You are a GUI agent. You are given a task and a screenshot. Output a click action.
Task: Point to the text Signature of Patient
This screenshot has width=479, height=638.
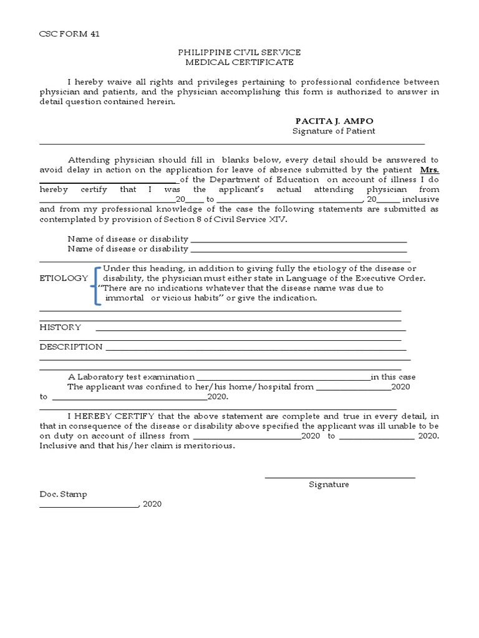coord(334,131)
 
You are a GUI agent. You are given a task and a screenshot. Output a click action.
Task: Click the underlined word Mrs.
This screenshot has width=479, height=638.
coord(429,169)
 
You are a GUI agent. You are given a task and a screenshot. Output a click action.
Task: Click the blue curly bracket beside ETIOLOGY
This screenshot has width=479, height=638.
coord(95,285)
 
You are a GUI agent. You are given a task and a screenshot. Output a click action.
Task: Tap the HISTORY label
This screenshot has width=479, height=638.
coord(60,327)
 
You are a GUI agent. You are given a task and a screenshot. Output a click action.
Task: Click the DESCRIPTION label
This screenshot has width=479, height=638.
coord(71,346)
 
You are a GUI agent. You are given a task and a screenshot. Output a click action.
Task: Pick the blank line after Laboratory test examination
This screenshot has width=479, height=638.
coord(284,378)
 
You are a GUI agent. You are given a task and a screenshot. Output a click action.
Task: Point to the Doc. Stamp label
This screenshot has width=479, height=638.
coord(64,494)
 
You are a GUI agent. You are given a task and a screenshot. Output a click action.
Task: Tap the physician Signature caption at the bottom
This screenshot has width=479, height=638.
coord(329,484)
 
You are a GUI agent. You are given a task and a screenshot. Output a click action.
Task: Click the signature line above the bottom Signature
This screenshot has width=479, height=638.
coord(340,477)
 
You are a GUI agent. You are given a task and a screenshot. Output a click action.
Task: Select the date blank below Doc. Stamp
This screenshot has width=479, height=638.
coord(89,506)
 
